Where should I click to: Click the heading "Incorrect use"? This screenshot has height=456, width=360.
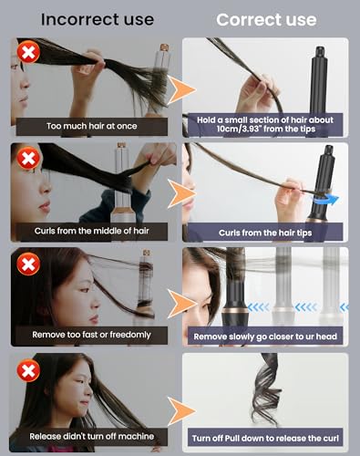pyautogui.click(x=98, y=19)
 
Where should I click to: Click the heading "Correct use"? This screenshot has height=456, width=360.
pyautogui.click(x=266, y=20)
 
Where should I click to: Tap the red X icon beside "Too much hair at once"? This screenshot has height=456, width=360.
pyautogui.click(x=28, y=52)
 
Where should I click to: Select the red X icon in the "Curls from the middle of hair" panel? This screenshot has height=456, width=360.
pyautogui.click(x=28, y=158)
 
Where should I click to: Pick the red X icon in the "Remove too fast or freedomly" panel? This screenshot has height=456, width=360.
pyautogui.click(x=28, y=264)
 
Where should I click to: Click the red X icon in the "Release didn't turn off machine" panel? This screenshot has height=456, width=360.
pyautogui.click(x=28, y=370)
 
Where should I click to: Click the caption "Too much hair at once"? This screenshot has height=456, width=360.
pyautogui.click(x=92, y=126)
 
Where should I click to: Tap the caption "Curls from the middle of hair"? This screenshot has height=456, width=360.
pyautogui.click(x=92, y=231)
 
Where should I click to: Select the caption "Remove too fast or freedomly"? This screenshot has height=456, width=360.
pyautogui.click(x=92, y=335)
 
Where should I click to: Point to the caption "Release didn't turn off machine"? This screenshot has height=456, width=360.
pyautogui.click(x=92, y=436)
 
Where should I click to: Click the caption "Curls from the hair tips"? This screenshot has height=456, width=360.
pyautogui.click(x=265, y=233)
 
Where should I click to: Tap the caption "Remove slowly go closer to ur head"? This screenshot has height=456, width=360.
pyautogui.click(x=265, y=337)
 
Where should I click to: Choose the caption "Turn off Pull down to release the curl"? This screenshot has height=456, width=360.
pyautogui.click(x=265, y=439)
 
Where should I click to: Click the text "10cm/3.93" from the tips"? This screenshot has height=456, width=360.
pyautogui.click(x=266, y=129)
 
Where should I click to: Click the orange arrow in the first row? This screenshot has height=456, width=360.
pyautogui.click(x=181, y=90)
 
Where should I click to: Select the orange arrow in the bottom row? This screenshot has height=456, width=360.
pyautogui.click(x=181, y=411)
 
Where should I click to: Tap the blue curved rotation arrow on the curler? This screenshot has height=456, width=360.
pyautogui.click(x=325, y=201)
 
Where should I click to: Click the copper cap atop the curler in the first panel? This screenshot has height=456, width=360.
pyautogui.click(x=164, y=47)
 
